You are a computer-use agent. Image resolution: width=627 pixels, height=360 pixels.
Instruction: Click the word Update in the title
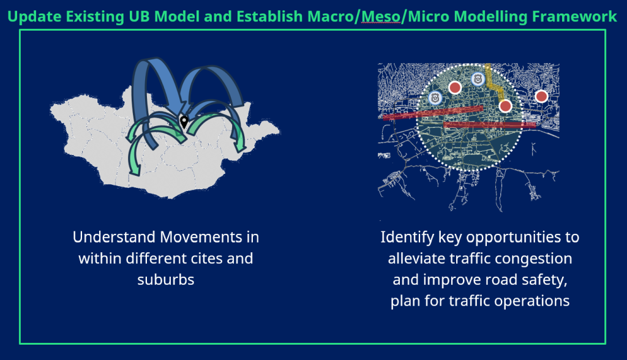point(34,17)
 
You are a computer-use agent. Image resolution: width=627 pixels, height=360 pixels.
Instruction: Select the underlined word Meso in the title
point(381,17)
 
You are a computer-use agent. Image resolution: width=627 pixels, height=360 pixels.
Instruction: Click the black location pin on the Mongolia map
point(184,121)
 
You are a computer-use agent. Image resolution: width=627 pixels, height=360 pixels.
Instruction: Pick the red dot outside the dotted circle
point(541,96)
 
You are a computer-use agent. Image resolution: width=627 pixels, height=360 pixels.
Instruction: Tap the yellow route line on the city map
point(494,84)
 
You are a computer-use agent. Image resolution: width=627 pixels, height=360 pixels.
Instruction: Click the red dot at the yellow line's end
point(505,106)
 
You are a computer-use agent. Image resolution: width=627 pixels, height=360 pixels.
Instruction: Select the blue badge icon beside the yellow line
point(478,79)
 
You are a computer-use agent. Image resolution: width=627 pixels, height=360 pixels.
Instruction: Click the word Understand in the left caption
point(113,237)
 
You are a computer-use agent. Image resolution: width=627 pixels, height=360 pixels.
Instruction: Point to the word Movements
point(201,237)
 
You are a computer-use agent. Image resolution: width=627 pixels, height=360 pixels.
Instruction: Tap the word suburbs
point(166,280)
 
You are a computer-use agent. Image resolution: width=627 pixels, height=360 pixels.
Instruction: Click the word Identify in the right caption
point(407,238)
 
